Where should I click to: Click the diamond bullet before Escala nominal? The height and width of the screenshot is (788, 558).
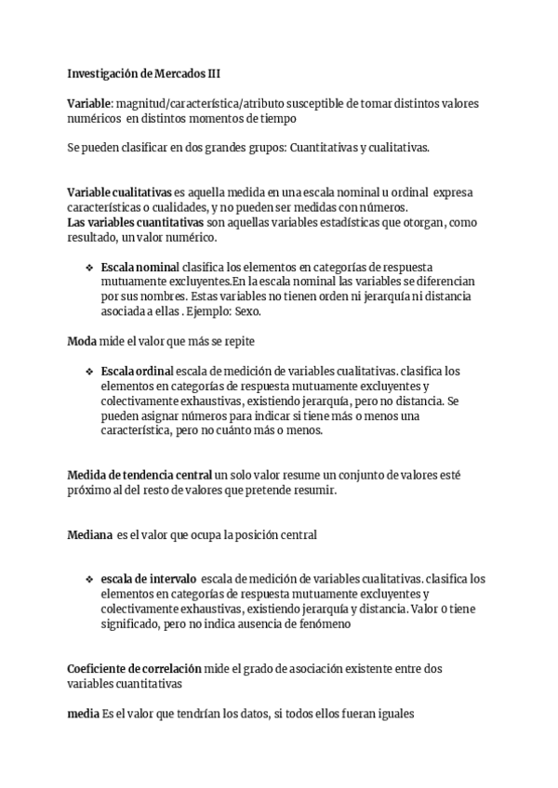pyautogui.click(x=89, y=267)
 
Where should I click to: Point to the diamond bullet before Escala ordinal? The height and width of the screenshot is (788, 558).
pyautogui.click(x=89, y=372)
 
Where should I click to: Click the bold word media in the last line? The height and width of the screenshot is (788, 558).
pyautogui.click(x=83, y=714)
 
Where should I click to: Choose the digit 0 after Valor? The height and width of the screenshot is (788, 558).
pyautogui.click(x=442, y=610)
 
